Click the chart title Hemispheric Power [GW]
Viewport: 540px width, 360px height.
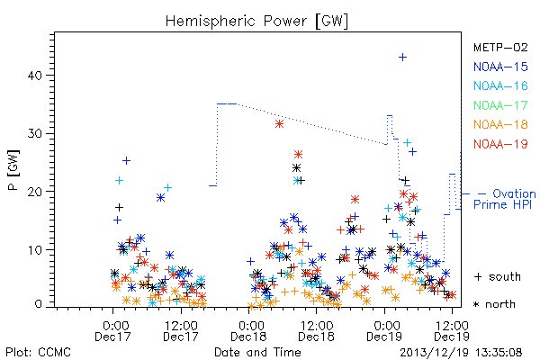[x=256, y=22]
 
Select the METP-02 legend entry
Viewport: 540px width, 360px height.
[x=500, y=47]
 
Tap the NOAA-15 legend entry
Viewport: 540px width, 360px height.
[x=500, y=67]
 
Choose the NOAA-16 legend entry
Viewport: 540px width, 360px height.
[x=500, y=85]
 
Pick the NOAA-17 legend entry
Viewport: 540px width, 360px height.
[x=500, y=105]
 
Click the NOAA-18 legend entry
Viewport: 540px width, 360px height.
[x=500, y=124]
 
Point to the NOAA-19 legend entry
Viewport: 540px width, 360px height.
[x=500, y=144]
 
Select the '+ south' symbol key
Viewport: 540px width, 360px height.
[x=498, y=276]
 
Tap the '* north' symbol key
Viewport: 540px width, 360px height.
[x=494, y=304]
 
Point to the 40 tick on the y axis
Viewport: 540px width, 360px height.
[x=34, y=76]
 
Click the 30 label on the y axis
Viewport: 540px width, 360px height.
[x=34, y=134]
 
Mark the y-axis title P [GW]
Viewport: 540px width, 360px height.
[x=13, y=170]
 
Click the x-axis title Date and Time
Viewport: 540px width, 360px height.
[x=257, y=352]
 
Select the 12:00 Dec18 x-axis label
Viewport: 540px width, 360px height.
[x=317, y=331]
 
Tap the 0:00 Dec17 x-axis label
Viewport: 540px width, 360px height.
[x=113, y=331]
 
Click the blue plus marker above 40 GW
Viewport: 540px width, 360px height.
[x=402, y=58]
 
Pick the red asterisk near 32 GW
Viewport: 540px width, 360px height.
[x=279, y=124]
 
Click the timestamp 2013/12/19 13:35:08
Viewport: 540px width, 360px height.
[x=461, y=353]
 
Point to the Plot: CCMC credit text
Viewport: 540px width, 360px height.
[x=38, y=353]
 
